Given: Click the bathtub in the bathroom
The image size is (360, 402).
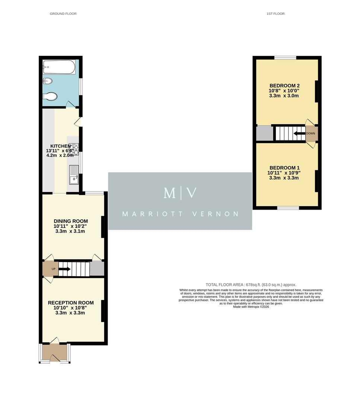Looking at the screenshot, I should pos(59,67).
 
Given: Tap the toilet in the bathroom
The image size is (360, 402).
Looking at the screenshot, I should pos(50,96).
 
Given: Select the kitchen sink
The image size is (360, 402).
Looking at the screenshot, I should pos(73,175).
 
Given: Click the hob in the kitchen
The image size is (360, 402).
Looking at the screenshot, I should pos(74,149).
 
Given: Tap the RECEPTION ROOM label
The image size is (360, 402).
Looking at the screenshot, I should pos(71,303).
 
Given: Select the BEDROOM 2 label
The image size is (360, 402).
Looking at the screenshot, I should pos(284,85).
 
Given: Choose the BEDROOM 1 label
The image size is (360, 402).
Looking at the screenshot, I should pos(284,167).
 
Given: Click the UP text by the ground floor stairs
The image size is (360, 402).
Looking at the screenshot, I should pos(53,269).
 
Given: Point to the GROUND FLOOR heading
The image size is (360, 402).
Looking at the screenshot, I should pos(63,14).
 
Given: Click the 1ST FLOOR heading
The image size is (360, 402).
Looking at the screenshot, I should pos(275,14).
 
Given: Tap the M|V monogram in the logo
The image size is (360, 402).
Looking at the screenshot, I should pos(180,193).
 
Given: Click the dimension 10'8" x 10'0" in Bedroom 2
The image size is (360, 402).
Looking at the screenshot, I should pos(284,90).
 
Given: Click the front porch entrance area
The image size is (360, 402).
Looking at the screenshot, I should pos(54,352).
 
